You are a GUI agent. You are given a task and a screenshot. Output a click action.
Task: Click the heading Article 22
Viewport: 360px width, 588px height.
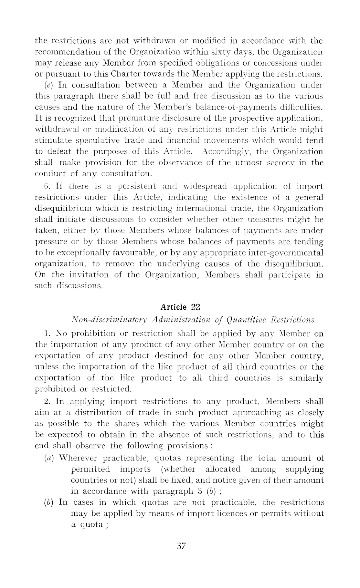coord(180,306)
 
